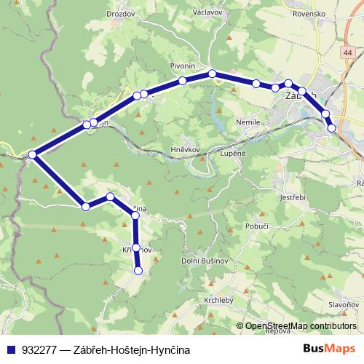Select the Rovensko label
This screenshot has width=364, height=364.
309,12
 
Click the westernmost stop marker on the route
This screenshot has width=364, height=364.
32,154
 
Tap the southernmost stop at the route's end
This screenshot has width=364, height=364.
138,272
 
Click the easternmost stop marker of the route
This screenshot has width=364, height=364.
332,128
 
